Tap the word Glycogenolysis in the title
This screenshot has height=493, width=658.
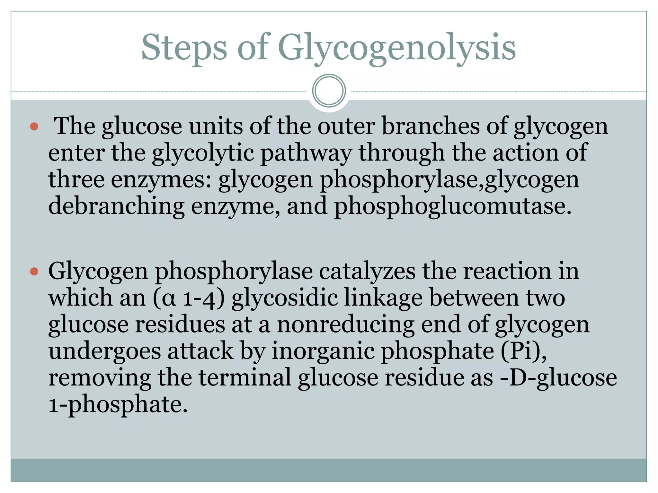pyautogui.click(x=396, y=48)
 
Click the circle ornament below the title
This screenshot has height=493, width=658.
pyautogui.click(x=329, y=91)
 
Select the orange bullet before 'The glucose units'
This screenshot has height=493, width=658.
pyautogui.click(x=34, y=127)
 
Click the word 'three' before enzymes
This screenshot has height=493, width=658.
pyautogui.click(x=76, y=179)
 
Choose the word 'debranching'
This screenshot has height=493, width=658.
pyautogui.click(x=116, y=206)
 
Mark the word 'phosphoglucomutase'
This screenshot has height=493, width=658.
pyautogui.click(x=453, y=206)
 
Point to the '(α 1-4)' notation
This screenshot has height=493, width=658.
pyautogui.click(x=189, y=298)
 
